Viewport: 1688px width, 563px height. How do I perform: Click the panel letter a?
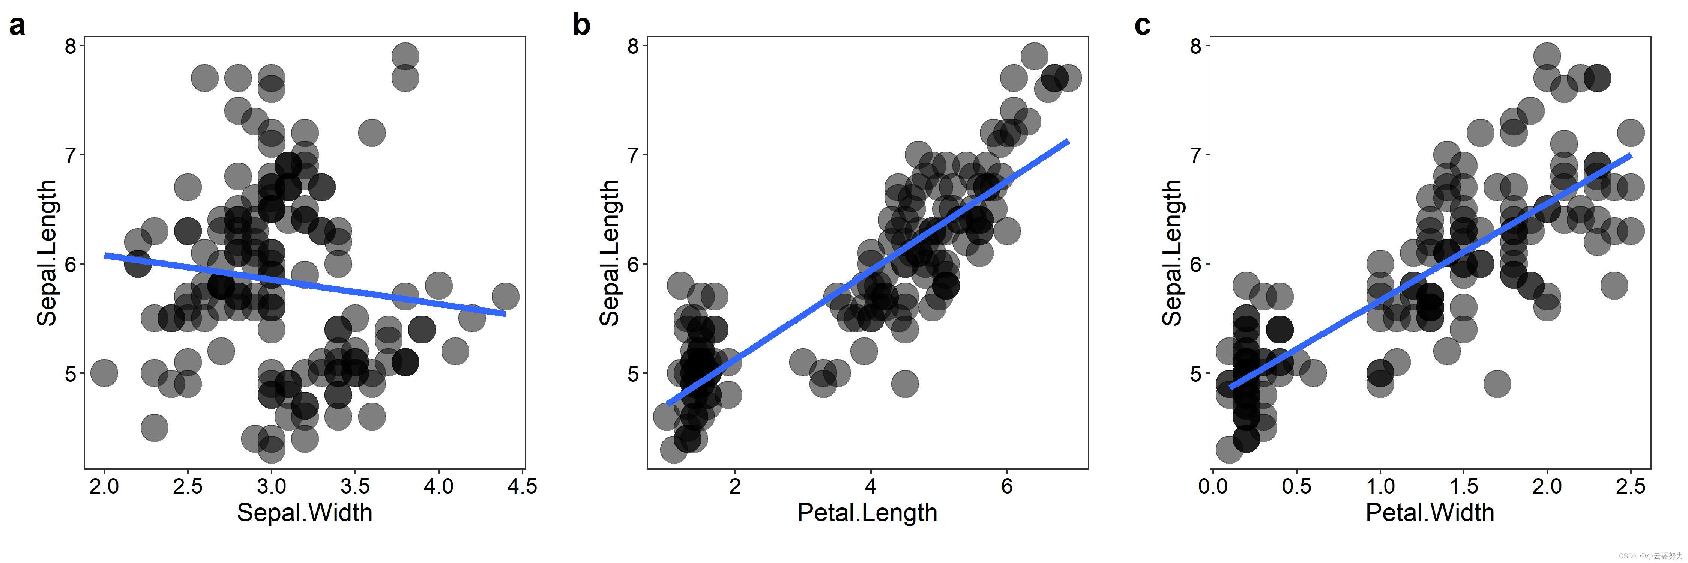pyautogui.click(x=17, y=26)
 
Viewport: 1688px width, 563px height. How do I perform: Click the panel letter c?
pyautogui.click(x=1142, y=26)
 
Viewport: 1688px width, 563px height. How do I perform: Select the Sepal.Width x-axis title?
pyautogui.click(x=304, y=513)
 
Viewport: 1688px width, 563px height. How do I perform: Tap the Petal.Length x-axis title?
pyautogui.click(x=867, y=513)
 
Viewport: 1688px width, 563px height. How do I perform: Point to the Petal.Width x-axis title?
pyautogui.click(x=1430, y=513)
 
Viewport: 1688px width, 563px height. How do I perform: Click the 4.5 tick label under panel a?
pyautogui.click(x=522, y=486)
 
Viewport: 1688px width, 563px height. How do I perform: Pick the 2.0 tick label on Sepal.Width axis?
pyautogui.click(x=104, y=486)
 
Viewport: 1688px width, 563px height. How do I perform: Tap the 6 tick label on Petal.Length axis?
pyautogui.click(x=1006, y=486)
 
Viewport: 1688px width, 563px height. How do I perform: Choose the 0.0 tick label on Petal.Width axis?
pyautogui.click(x=1213, y=486)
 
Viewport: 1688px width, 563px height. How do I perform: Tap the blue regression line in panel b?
pyautogui.click(x=867, y=273)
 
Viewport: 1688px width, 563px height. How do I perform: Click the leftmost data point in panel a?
pyautogui.click(x=104, y=373)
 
